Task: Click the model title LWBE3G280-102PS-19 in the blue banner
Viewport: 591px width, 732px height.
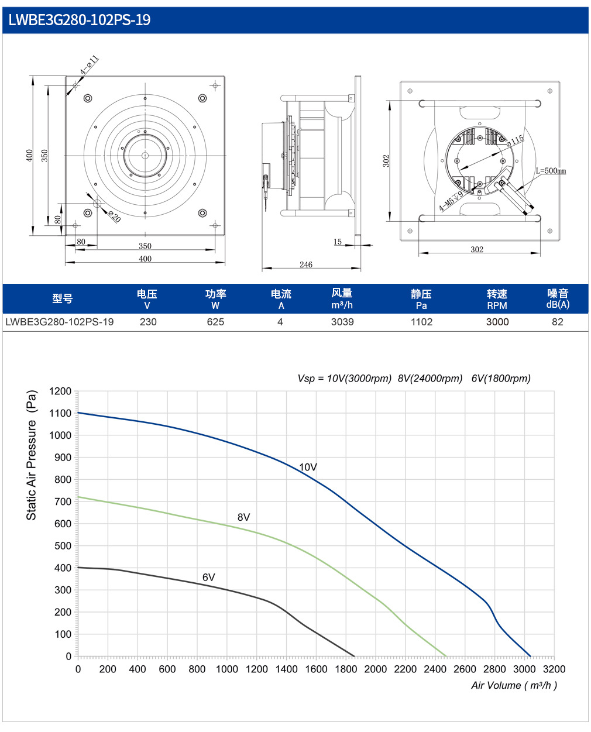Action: (80, 20)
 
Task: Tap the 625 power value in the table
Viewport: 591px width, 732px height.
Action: (215, 322)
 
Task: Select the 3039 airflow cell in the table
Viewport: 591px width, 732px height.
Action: (342, 322)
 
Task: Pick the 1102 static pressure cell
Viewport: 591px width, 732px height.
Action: (421, 322)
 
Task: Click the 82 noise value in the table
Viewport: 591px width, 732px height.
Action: (557, 322)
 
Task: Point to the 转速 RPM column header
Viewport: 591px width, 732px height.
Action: (497, 299)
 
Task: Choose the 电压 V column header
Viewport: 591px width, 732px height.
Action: (147, 299)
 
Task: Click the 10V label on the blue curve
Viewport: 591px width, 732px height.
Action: (308, 467)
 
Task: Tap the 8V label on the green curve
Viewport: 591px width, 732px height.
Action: (243, 517)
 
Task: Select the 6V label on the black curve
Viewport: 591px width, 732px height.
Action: (208, 577)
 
